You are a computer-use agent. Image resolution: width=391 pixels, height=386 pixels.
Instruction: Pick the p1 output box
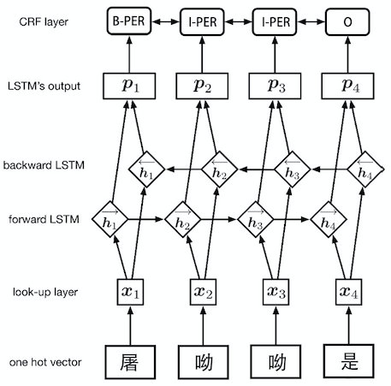pyautogui.click(x=126, y=86)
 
